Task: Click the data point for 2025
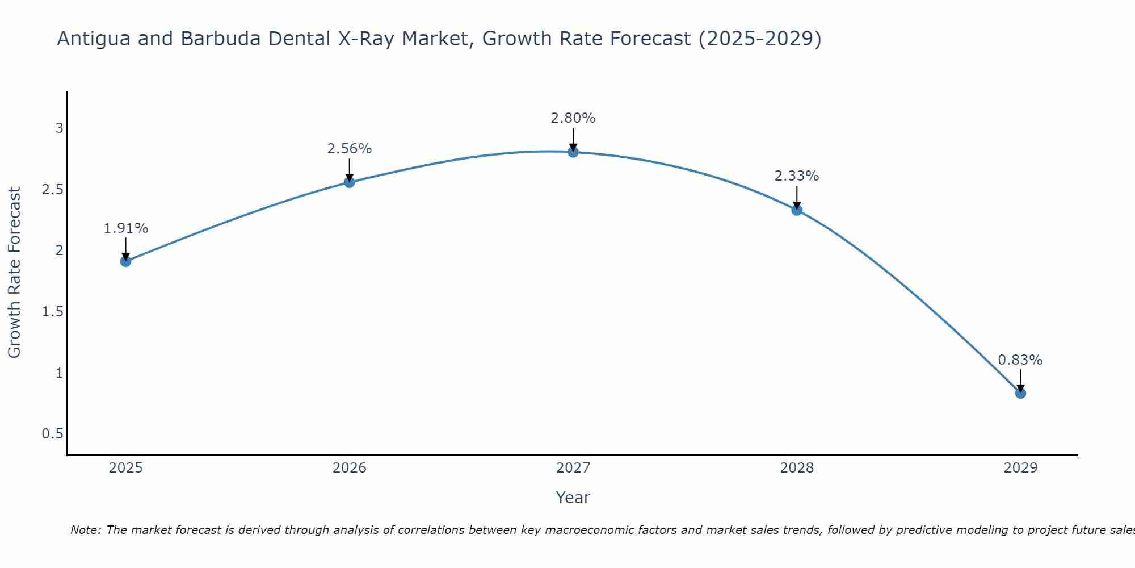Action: point(126,261)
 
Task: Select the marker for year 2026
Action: point(350,182)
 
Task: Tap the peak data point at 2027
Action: point(573,152)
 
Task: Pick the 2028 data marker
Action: point(797,210)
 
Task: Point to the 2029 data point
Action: point(1020,393)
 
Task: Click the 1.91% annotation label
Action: point(126,228)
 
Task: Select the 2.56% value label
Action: point(350,149)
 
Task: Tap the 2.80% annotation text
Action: point(573,118)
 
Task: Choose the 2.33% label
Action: point(797,176)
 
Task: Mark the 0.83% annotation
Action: point(1020,360)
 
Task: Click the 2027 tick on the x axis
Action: point(573,468)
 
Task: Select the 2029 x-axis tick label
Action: point(1020,468)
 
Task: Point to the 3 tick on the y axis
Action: point(59,128)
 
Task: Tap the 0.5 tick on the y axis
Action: point(52,434)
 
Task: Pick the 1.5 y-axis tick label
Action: point(52,312)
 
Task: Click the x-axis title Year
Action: point(573,498)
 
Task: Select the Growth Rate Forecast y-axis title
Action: point(14,273)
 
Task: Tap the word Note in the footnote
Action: point(85,530)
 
